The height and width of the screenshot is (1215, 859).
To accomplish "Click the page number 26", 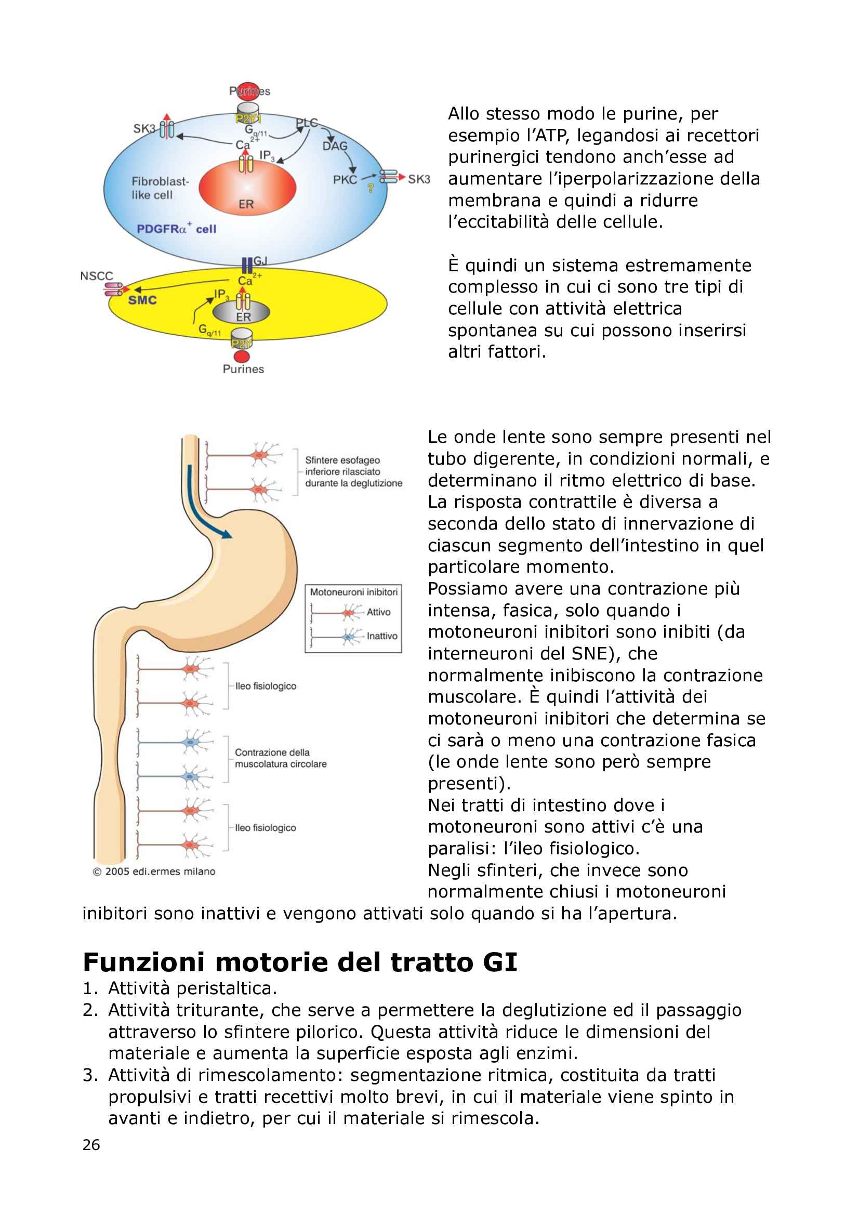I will (91, 1145).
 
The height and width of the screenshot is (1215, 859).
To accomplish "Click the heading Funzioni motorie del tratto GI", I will (299, 962).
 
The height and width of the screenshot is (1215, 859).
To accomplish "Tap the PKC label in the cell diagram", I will (345, 180).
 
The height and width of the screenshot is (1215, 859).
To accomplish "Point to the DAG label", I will (335, 146).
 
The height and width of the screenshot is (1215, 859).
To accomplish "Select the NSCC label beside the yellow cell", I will (96, 276).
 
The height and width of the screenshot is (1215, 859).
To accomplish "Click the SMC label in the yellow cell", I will (142, 300).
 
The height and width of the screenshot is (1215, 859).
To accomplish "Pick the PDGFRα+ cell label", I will (176, 229).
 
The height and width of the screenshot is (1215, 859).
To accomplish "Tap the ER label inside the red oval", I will (246, 204).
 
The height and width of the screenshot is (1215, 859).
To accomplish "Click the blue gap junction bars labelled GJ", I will (247, 265).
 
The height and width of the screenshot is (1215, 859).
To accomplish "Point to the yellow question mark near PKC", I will (371, 189).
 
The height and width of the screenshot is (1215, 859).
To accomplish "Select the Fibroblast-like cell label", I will (160, 188).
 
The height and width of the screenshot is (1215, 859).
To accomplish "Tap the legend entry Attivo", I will (378, 612).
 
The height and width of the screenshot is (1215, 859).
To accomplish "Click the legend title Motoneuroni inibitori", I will (353, 591).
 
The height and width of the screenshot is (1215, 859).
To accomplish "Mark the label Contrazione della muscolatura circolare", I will (281, 758).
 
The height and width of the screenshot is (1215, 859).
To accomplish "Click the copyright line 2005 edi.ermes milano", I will (154, 871).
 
